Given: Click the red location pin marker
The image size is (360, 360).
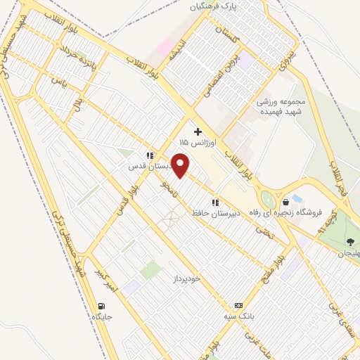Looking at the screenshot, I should click(181, 166).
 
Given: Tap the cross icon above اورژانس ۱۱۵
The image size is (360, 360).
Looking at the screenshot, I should click(198, 131).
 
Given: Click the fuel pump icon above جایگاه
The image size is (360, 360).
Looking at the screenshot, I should click(103, 307).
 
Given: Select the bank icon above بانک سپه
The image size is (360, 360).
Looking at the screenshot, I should click(239, 306).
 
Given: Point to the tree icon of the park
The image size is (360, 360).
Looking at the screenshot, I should click(350, 242).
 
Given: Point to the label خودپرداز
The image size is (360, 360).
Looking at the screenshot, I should click(188, 278).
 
